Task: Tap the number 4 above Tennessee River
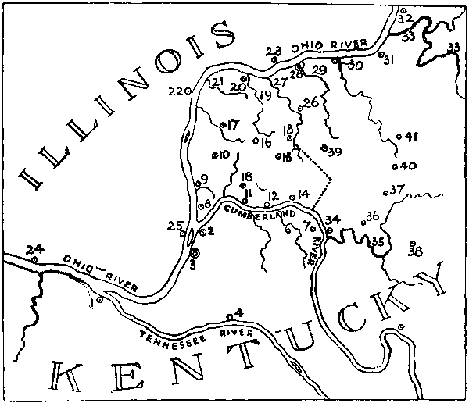239,313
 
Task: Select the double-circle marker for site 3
195,252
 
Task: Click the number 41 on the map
412,137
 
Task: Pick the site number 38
414,251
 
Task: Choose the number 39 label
335,151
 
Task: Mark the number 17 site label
233,125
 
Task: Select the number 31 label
388,59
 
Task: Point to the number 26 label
311,102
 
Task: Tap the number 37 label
398,189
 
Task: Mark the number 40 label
408,166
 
